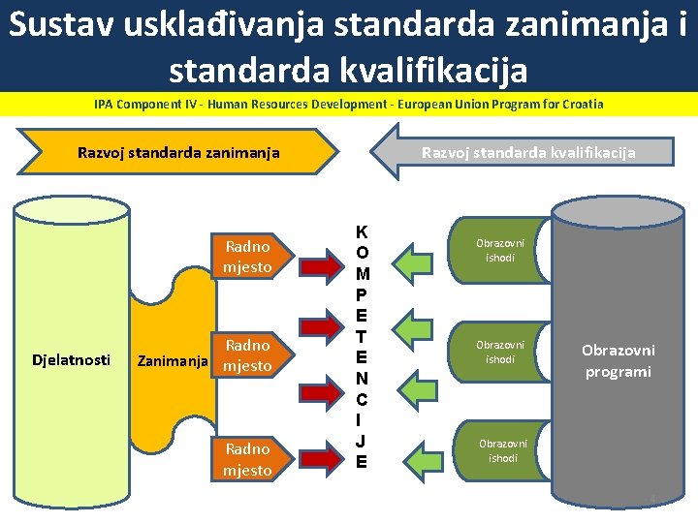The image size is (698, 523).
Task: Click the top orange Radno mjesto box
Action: [247, 257]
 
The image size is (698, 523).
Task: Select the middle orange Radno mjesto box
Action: [247, 355]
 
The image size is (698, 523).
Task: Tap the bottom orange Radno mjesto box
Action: [247, 459]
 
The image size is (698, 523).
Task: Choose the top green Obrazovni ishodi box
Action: [499, 250]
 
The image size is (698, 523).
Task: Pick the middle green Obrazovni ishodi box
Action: [499, 352]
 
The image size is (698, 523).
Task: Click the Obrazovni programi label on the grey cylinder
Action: [618, 360]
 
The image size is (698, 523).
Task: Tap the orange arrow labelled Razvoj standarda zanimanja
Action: [184, 152]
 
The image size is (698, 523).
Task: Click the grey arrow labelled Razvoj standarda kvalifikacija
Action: [523, 153]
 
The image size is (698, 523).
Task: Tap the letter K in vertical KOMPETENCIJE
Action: [362, 233]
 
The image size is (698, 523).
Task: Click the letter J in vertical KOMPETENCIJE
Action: [362, 442]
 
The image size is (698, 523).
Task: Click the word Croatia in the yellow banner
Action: [578, 104]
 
